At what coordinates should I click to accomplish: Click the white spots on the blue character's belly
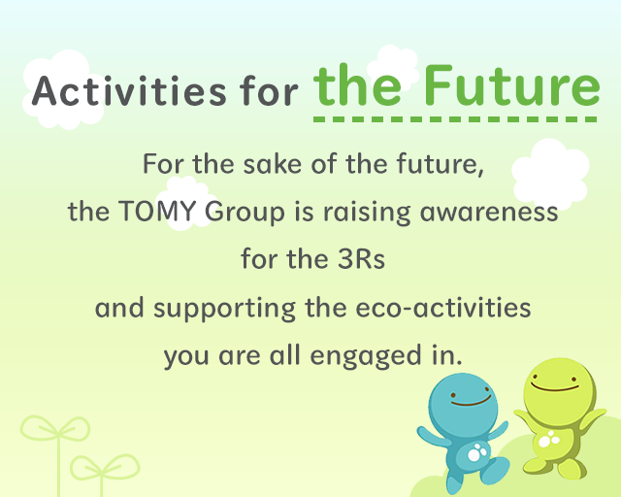coord(476,452)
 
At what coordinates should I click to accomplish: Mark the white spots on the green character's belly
coord(549,440)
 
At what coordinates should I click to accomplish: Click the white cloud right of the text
coord(550,175)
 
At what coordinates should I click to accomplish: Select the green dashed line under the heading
coord(456,118)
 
